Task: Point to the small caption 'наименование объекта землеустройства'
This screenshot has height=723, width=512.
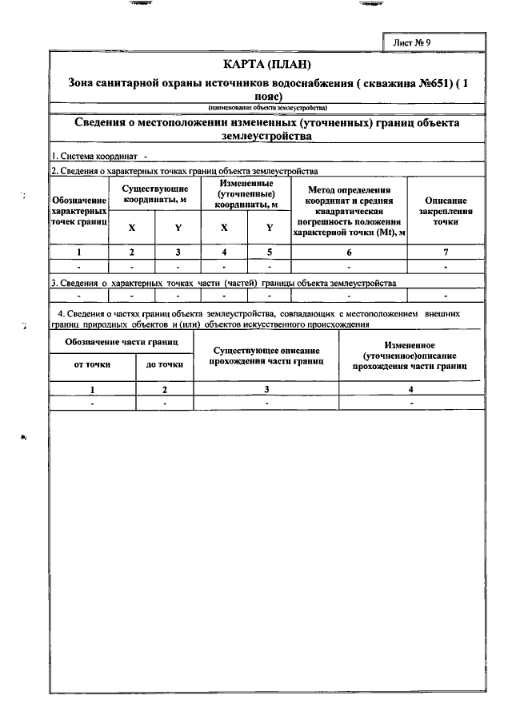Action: (266, 107)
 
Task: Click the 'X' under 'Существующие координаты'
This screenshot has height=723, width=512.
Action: (132, 228)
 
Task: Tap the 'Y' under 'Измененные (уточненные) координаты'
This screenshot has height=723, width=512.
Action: (270, 228)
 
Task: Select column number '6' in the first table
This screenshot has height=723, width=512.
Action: (349, 252)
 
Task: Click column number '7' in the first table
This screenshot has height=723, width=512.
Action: (446, 252)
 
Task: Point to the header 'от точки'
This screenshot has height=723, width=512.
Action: (92, 364)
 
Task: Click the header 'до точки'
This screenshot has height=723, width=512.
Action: (164, 364)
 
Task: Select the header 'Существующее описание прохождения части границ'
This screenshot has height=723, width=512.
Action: (267, 356)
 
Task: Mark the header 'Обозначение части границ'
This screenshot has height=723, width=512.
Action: (122, 342)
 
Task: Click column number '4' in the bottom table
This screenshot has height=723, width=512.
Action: (411, 390)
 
